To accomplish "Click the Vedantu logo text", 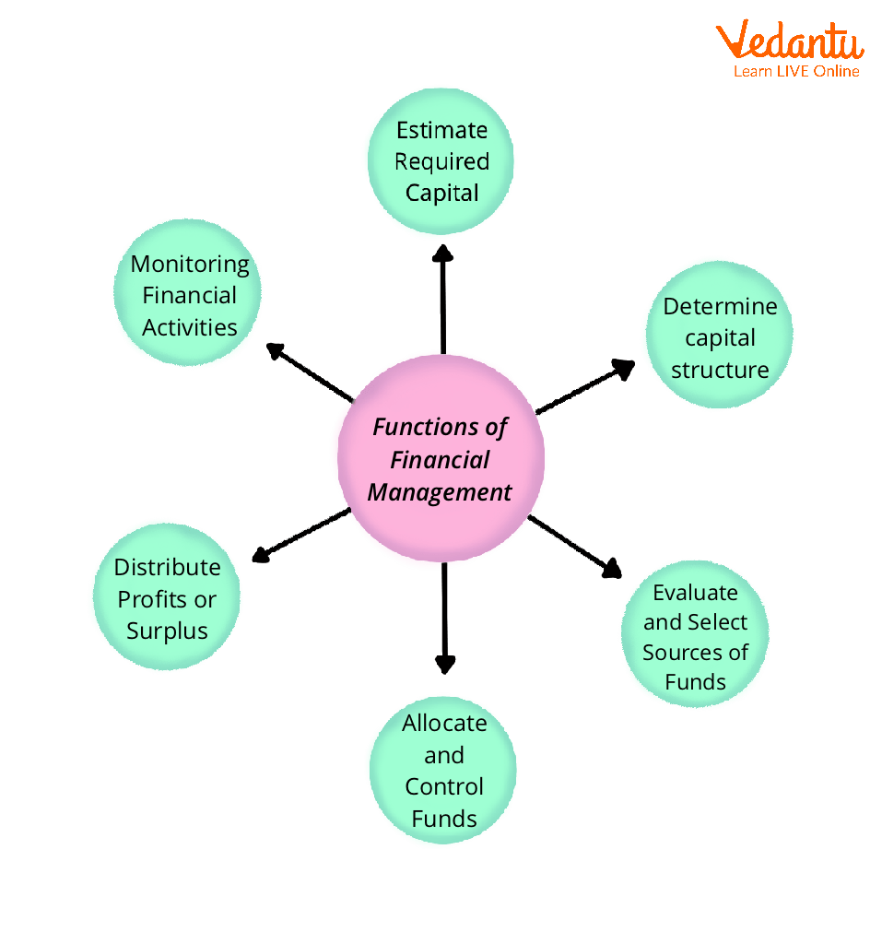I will pos(789,41).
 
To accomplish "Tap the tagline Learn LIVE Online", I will pos(796,71).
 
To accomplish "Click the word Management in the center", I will pos(439,492).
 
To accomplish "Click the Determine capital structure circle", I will pos(719,336).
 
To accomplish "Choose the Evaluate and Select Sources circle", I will pos(696,636).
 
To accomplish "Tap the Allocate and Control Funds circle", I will pos(443,771).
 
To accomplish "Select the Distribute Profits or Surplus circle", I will pos(167,598).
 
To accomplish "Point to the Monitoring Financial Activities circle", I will pos(189,295).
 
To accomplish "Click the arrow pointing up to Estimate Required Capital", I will pos(443,300).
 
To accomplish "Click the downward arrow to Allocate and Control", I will pos(444,618).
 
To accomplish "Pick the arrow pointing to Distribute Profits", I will pos(300,536).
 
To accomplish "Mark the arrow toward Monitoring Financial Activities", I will pos(311,373).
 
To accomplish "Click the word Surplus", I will pos(167,631).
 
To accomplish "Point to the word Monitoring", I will pos(190,264).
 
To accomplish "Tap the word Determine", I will pos(720,306).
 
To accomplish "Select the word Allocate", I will pos(443,723).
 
